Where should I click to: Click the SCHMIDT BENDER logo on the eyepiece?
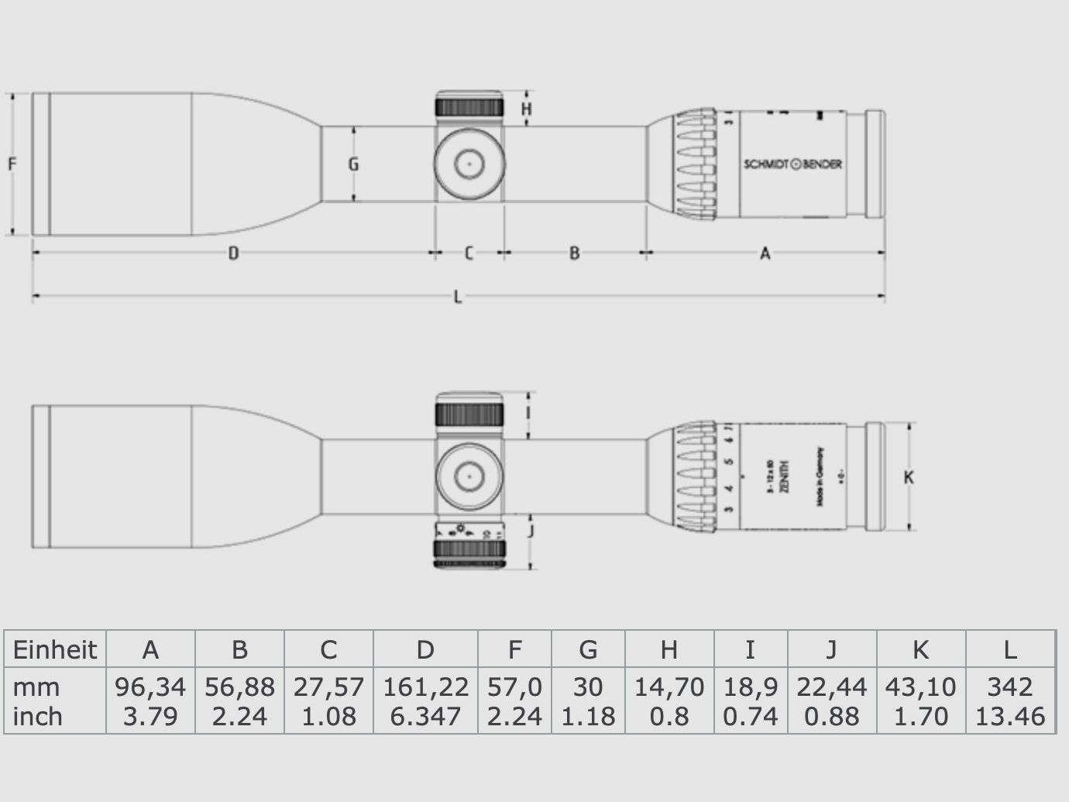(792, 164)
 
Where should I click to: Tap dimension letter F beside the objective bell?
(12, 164)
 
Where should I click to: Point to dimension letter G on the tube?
(353, 164)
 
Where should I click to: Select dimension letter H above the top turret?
(527, 109)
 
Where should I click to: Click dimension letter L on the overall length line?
(458, 297)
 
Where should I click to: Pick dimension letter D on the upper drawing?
(232, 253)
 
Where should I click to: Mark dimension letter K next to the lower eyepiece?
(909, 477)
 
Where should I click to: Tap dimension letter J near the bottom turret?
(530, 531)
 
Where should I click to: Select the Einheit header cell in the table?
(55, 649)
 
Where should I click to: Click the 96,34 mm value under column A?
(150, 687)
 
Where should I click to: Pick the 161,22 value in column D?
(425, 687)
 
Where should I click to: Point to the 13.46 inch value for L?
(1009, 716)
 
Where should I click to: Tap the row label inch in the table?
(38, 716)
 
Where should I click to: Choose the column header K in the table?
(920, 649)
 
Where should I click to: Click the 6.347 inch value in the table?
(425, 716)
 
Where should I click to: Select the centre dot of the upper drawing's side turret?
(469, 163)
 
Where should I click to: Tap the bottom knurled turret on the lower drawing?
(469, 552)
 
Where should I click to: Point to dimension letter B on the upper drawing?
(574, 253)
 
